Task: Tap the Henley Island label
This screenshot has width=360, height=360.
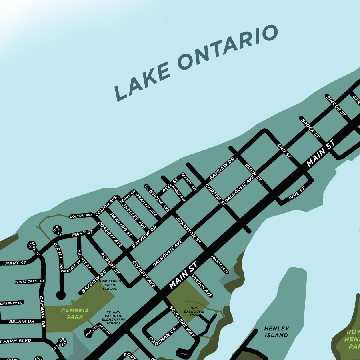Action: [x=276, y=332]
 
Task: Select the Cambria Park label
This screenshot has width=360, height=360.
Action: [x=75, y=314]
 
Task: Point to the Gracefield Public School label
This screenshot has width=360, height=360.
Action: [x=110, y=285]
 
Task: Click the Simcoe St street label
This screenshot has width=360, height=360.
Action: [x=336, y=105]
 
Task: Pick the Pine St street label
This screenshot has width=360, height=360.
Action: [x=296, y=193]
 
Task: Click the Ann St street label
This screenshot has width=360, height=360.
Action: [x=284, y=151]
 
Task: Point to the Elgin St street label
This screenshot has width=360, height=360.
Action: [x=253, y=172]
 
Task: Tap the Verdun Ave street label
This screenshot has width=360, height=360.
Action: [x=202, y=286]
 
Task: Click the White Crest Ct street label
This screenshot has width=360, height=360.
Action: [x=30, y=282]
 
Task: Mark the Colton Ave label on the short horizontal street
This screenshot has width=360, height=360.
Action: [x=81, y=216]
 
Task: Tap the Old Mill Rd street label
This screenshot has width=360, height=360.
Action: [x=58, y=255]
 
